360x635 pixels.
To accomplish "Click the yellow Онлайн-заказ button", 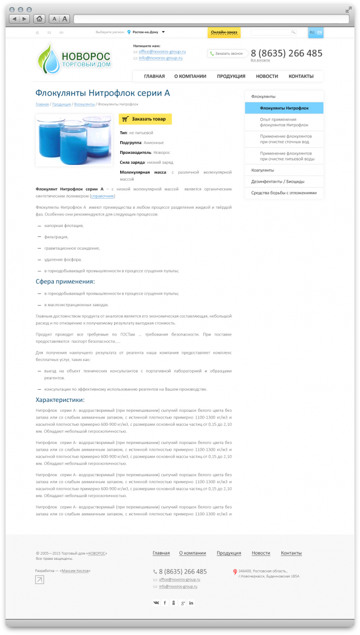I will coord(224,33).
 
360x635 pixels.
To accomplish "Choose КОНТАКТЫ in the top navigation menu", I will coord(301,76).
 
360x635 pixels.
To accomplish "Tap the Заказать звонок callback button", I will coord(226,54).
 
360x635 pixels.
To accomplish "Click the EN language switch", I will coord(320,33).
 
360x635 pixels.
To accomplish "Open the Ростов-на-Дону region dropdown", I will coord(146,33).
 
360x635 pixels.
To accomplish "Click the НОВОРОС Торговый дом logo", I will coord(74,59).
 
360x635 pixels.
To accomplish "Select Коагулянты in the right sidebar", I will coord(263,170).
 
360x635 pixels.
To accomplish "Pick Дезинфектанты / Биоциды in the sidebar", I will coord(277,182).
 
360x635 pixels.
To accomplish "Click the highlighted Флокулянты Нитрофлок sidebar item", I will coord(284,108).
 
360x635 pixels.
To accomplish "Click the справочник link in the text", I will coord(102,196).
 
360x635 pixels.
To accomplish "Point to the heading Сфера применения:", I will coord(65,282).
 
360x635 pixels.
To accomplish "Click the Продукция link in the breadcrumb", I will coord(61,104).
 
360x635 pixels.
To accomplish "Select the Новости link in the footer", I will coord(261,553).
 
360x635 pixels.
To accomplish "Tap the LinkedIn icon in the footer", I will coord(191,602).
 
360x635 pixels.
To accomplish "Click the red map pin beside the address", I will coord(235,571).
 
